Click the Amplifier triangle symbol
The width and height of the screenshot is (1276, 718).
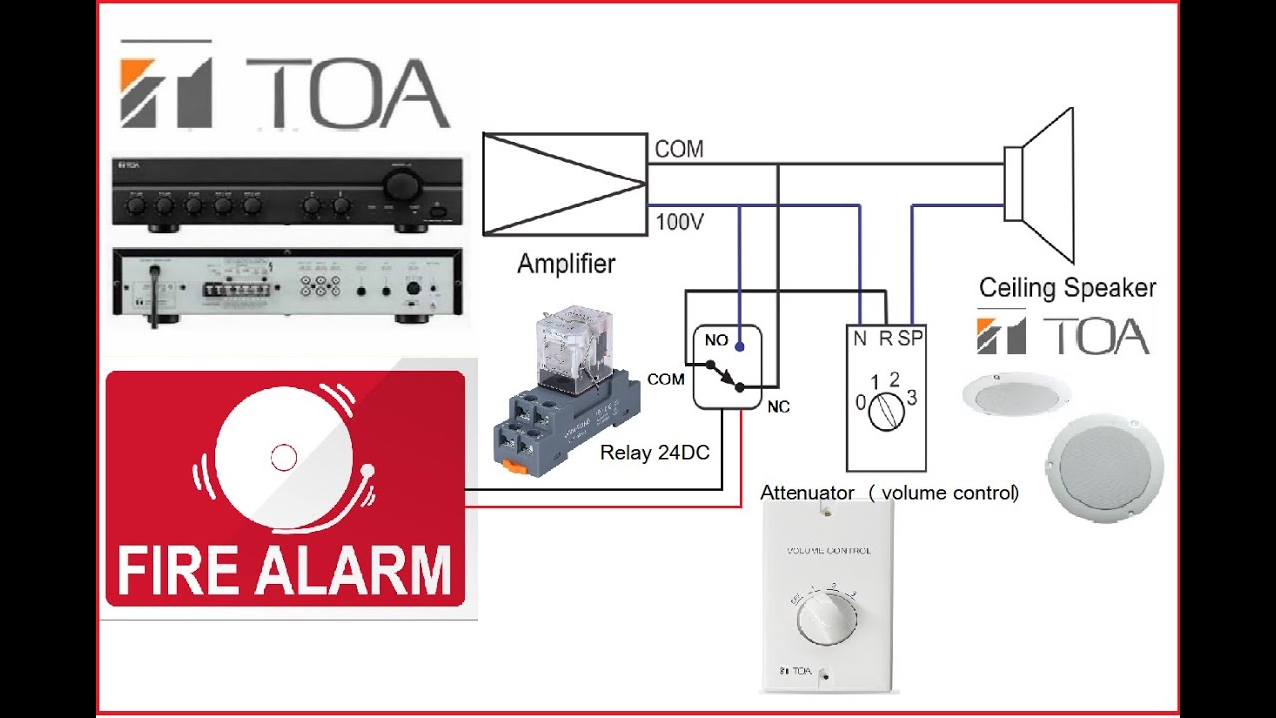[564, 183]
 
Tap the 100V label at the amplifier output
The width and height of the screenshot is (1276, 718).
[679, 221]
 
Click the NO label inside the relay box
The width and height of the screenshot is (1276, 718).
[716, 341]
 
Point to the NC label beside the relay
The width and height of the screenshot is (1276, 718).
[778, 407]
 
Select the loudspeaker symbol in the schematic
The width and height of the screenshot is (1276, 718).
[1039, 183]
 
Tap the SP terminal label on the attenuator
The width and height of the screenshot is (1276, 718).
[910, 339]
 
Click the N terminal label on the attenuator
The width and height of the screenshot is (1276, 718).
[859, 339]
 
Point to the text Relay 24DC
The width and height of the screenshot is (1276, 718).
[655, 453]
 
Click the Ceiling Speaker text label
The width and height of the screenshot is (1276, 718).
[1068, 288]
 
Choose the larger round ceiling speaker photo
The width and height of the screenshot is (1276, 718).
[1105, 465]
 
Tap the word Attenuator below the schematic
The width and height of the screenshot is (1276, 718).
[806, 493]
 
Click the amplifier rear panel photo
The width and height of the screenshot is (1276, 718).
[287, 286]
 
